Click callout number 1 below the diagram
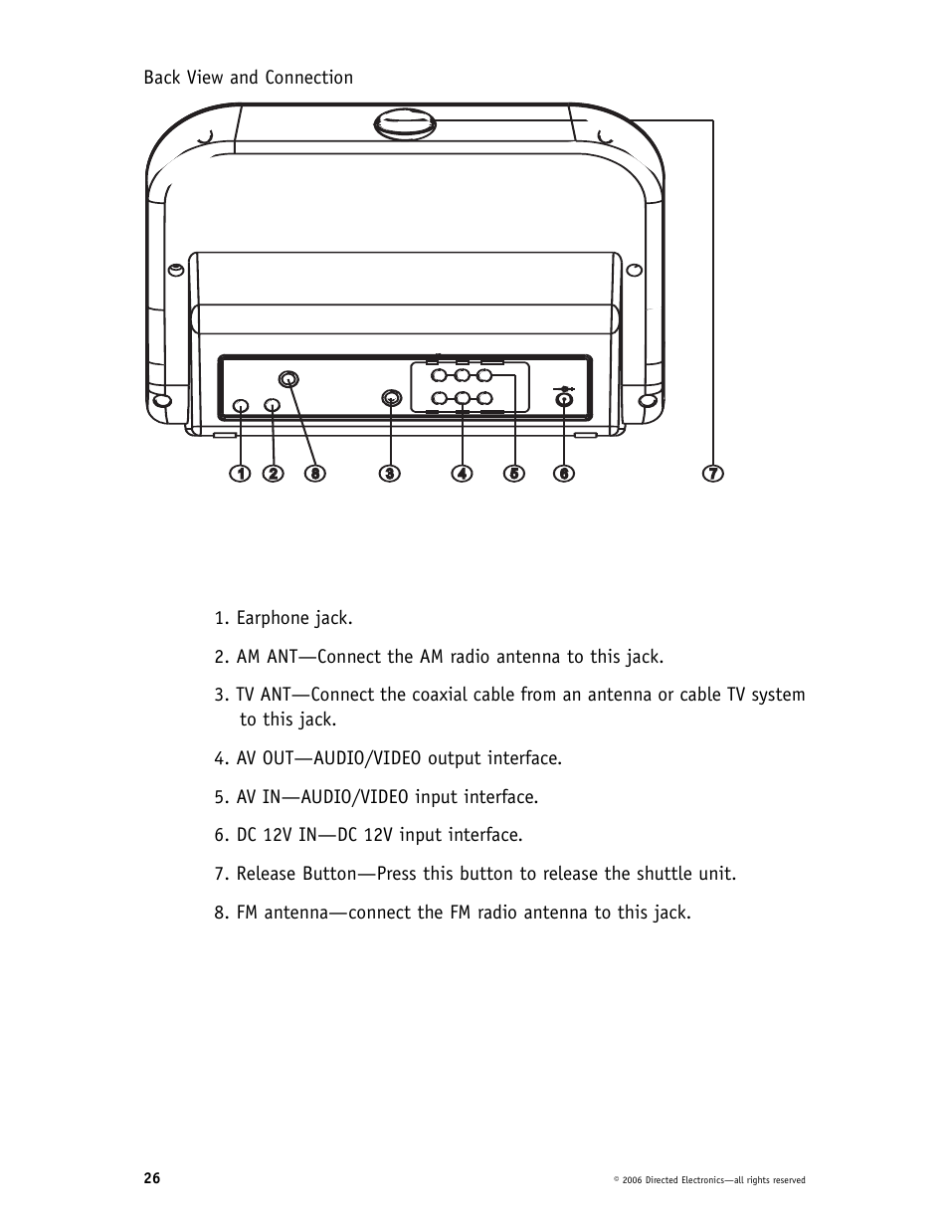click(240, 474)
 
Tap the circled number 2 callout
click(274, 474)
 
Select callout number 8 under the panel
click(314, 474)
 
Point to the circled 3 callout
click(390, 474)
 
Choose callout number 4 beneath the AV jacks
click(462, 474)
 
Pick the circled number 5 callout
click(514, 474)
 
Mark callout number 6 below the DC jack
click(564, 474)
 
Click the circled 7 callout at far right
click(713, 474)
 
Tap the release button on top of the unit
click(405, 124)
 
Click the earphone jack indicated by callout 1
click(240, 406)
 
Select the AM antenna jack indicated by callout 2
click(273, 406)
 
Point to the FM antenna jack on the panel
click(287, 379)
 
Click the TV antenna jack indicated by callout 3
click(391, 399)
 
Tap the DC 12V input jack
click(564, 400)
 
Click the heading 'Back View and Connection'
click(248, 78)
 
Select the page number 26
click(151, 1178)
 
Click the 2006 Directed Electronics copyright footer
click(709, 1180)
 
